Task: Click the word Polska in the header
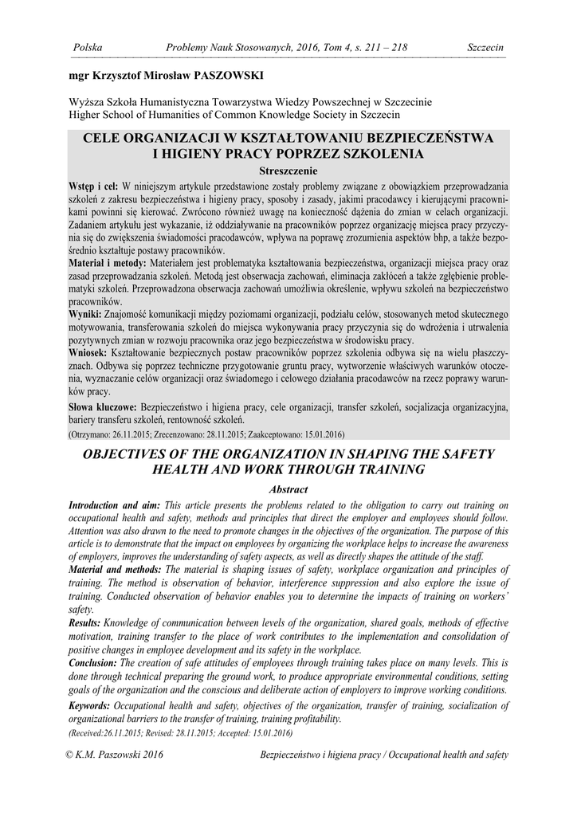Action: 87,49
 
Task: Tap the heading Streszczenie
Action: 288,171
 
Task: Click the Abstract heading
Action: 288,489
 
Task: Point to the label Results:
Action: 84,622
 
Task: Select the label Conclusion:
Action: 95,662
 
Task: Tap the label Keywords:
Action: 90,706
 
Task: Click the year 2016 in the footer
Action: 150,755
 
